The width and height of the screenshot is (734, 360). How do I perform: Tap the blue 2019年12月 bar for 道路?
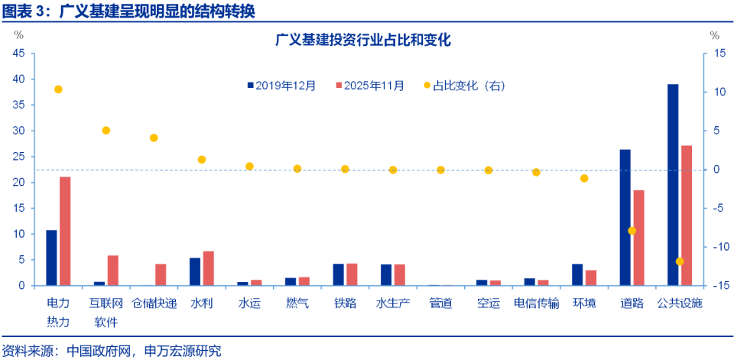click(x=625, y=218)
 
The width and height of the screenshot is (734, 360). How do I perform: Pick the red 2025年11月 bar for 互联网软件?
click(x=113, y=271)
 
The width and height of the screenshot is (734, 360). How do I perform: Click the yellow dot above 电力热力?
click(x=58, y=89)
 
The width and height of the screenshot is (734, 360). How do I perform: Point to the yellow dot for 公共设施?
click(x=680, y=261)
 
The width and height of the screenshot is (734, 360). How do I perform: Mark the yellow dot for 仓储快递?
click(x=154, y=138)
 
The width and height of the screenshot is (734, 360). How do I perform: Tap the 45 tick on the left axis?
click(x=18, y=54)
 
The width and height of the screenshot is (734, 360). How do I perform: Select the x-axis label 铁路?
click(x=345, y=303)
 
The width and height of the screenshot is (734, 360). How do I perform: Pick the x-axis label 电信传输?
click(x=536, y=303)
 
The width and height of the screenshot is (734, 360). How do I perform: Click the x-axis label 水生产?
click(x=393, y=303)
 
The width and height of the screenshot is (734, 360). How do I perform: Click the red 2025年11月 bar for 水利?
click(x=208, y=268)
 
